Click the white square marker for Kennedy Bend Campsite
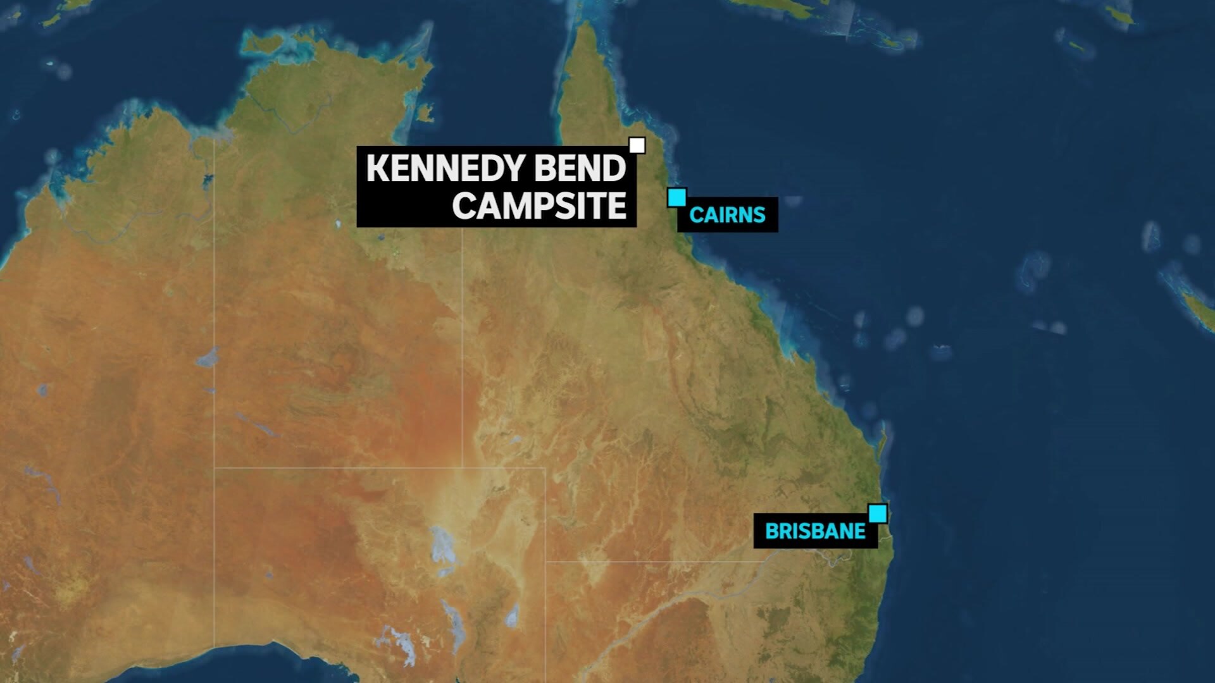tap(637, 145)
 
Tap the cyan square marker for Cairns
tap(676, 197)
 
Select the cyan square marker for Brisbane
tap(877, 514)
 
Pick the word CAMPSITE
tap(539, 206)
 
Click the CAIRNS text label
tap(727, 215)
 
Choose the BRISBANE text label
tap(815, 531)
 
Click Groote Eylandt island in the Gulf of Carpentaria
tap(425, 114)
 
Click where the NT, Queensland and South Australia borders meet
tap(462, 468)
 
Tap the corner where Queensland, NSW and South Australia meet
tap(545, 561)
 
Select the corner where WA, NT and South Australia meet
tap(215, 468)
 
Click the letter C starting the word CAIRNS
tap(695, 215)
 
